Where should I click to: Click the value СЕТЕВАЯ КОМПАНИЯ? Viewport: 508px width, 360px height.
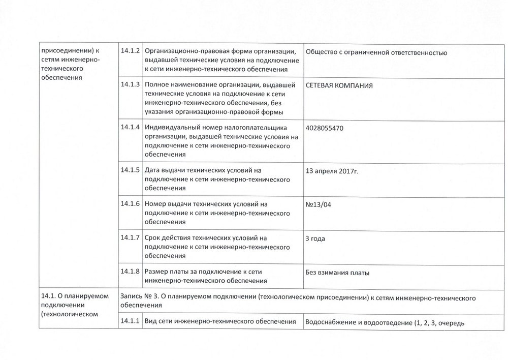click(x=339, y=86)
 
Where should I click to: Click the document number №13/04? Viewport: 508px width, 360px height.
click(x=321, y=204)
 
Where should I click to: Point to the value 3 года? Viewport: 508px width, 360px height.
click(x=315, y=238)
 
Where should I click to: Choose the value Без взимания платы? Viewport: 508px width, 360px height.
click(x=337, y=273)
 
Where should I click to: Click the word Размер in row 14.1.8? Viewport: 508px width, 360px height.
click(x=156, y=272)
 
